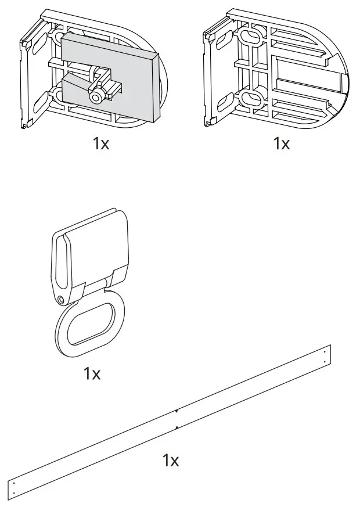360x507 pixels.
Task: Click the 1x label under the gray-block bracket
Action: (101, 143)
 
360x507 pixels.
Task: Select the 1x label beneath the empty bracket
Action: (282, 143)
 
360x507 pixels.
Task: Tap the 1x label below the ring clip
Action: (92, 373)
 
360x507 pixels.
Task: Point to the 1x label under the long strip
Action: (171, 461)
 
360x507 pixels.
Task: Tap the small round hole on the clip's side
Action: (62, 299)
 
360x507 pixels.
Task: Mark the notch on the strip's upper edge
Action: (177, 410)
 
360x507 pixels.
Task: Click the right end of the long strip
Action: (325, 355)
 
